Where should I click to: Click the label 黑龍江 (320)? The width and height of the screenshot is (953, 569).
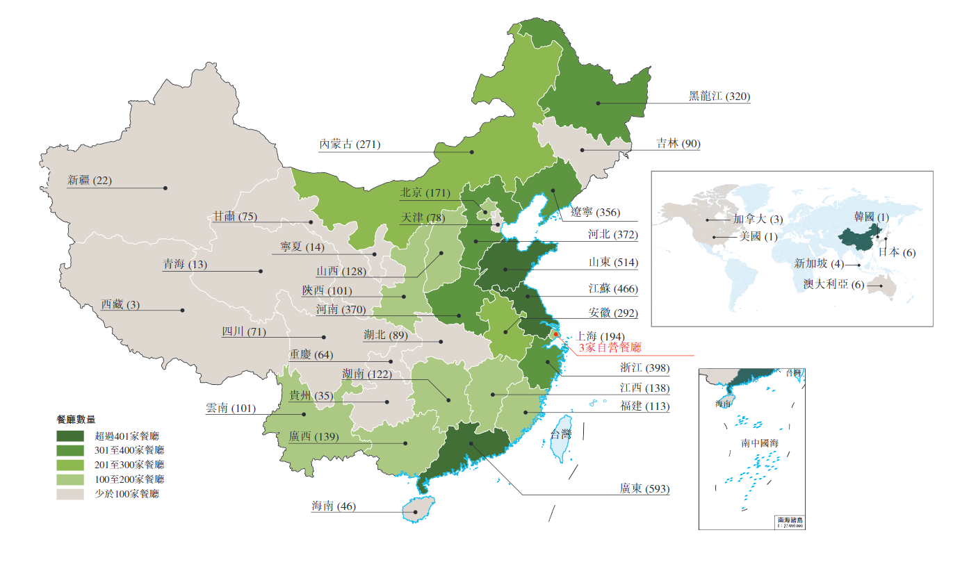pos(719,97)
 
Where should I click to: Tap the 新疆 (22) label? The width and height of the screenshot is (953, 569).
pos(89,181)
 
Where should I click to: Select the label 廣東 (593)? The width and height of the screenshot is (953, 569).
pos(644,488)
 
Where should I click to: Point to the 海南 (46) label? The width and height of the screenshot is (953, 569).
pos(333,506)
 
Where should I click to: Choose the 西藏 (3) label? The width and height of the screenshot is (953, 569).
pos(120,304)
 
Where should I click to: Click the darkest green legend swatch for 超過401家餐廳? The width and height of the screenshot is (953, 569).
pos(70,436)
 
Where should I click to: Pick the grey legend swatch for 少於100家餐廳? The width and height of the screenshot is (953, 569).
pos(70,494)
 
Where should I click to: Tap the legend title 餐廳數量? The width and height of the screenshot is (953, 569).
pos(76,420)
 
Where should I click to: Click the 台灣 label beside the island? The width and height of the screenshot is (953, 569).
pos(560,434)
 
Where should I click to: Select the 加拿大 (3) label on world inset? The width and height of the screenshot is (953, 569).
pos(758,220)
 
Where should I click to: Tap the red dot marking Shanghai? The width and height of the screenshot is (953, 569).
pos(556,334)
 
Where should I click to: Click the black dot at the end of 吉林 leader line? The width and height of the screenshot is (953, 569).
pos(583,149)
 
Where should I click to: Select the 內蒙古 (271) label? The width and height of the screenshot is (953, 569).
pos(349,145)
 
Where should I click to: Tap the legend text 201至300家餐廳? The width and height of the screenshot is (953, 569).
pos(127,465)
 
